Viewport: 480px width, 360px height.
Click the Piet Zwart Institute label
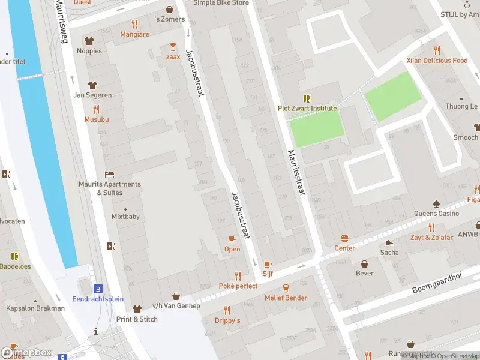click(307, 109)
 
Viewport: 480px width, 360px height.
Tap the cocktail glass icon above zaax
click(173, 47)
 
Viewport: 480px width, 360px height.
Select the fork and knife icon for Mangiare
click(134, 25)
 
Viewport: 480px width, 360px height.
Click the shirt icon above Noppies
click(89, 41)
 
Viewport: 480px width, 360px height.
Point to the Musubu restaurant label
click(96, 119)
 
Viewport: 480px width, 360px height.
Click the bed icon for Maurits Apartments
click(109, 174)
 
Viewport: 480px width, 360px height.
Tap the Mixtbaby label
click(125, 217)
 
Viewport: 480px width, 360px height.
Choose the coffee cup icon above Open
click(232, 239)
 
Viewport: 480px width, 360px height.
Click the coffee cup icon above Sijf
click(268, 264)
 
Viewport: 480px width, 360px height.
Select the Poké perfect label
click(238, 286)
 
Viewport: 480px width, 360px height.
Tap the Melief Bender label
click(286, 298)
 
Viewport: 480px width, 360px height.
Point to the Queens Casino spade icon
click(436, 203)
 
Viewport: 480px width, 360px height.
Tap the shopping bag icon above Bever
click(364, 264)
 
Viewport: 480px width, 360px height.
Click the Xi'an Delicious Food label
click(436, 61)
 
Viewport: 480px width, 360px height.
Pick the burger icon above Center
click(344, 238)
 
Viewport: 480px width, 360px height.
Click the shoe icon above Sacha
click(389, 242)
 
